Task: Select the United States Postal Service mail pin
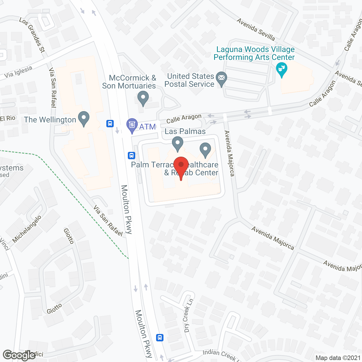point(221,79)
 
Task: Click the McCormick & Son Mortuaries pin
point(143,99)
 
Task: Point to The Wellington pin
point(83,119)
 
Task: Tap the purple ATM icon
point(132,125)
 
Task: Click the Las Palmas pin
point(178,143)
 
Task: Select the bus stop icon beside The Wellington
point(110,124)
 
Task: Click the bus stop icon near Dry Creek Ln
point(160,337)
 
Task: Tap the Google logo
point(19,355)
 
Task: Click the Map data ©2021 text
point(338,358)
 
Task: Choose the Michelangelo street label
point(27,229)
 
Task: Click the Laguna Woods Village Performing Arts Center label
point(254,53)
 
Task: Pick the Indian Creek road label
point(219,355)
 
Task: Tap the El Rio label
point(8,118)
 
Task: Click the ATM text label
point(147,127)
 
